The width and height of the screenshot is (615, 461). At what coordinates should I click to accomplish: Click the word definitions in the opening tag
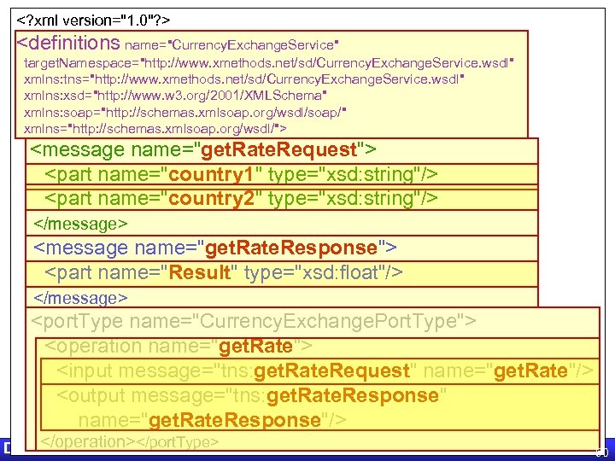[69, 43]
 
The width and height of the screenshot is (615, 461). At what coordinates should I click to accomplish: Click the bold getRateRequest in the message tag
[277, 150]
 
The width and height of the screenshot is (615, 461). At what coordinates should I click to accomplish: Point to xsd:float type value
[343, 273]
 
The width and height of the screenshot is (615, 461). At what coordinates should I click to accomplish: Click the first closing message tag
[80, 224]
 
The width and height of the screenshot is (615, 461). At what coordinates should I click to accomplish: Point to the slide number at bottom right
[601, 450]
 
